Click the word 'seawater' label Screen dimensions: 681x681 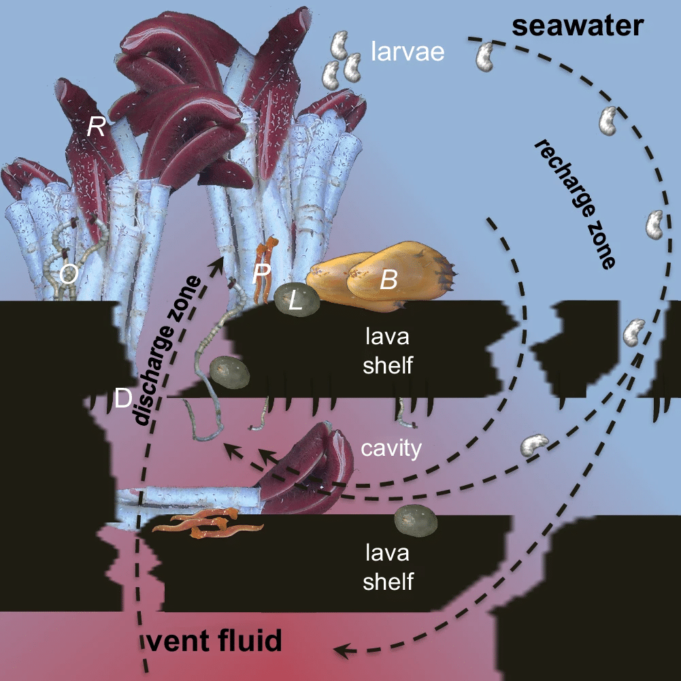577,26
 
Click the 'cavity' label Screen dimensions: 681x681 391,448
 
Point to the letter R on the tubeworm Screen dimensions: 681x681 96,127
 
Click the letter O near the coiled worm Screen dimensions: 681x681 69,274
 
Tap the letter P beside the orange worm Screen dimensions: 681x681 261,273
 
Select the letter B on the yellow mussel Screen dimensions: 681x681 388,280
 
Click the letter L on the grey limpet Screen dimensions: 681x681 295,301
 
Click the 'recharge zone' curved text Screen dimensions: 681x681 575,204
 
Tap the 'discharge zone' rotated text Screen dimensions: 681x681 167,350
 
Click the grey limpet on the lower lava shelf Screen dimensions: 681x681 416,520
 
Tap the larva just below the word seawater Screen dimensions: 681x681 485,57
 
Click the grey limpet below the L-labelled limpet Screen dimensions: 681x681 229,372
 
